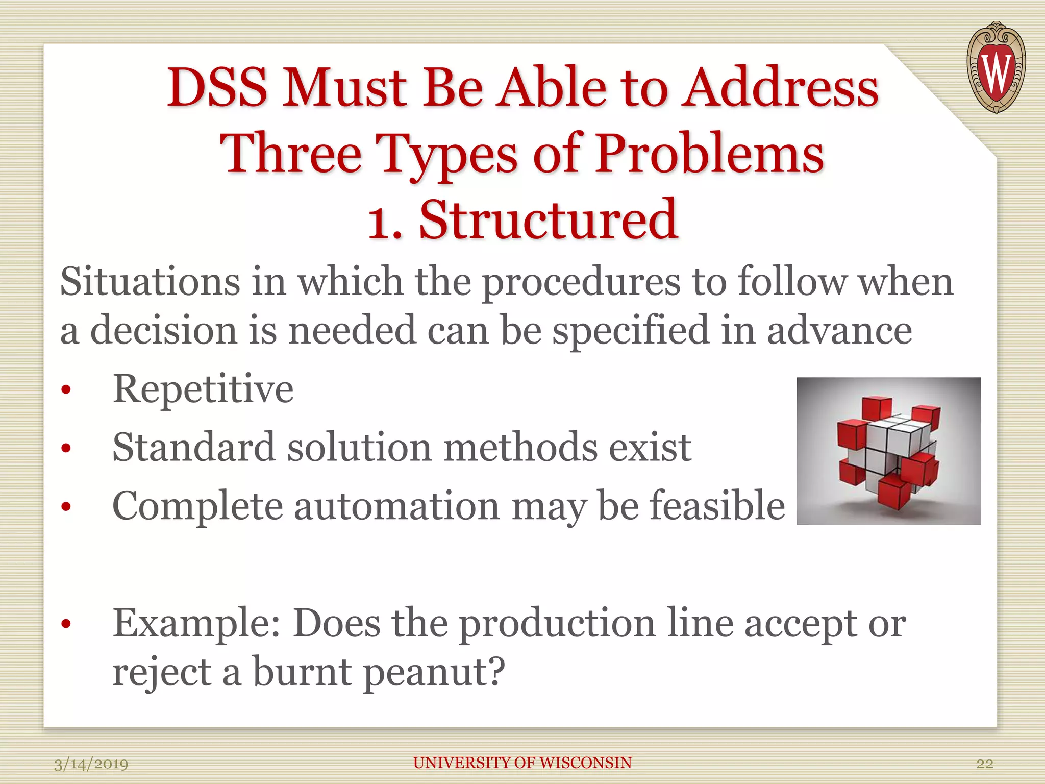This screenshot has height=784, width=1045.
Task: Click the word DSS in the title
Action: point(217,88)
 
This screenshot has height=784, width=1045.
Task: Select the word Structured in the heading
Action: point(549,220)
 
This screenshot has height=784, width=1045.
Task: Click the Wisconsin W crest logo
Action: point(996,67)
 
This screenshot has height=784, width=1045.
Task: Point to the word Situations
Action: point(150,282)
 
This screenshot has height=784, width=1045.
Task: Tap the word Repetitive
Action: point(203,389)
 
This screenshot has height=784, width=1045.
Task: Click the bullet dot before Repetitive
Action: point(65,390)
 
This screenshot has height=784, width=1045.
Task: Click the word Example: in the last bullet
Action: point(196,624)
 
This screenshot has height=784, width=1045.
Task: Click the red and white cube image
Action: point(888,451)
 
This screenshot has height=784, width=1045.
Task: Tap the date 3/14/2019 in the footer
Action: point(91,764)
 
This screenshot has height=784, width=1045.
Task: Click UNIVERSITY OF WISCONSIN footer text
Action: point(522,763)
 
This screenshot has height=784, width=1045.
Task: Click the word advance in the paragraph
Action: point(839,331)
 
